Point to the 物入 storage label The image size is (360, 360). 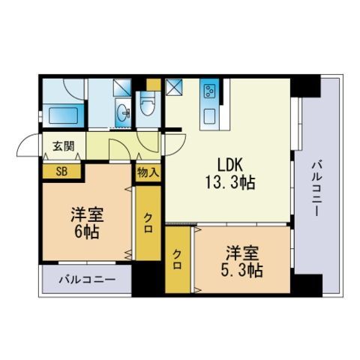click(x=148, y=172)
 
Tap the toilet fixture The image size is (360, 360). click(x=147, y=108)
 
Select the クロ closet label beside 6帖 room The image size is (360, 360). click(x=148, y=222)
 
